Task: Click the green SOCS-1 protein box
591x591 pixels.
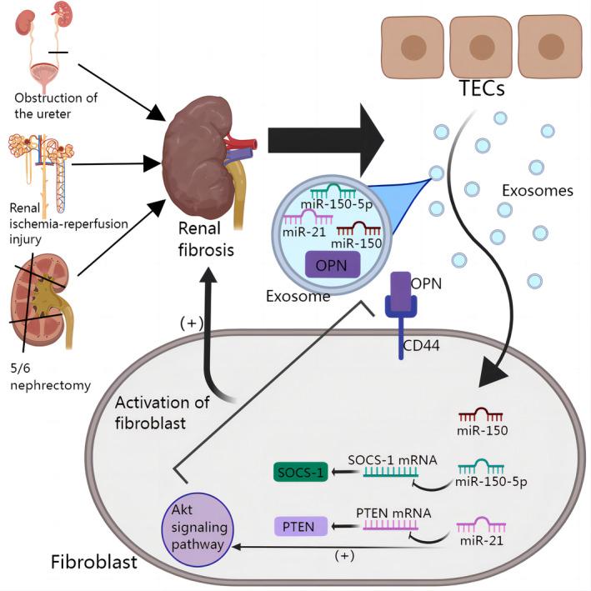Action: pos(306,472)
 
